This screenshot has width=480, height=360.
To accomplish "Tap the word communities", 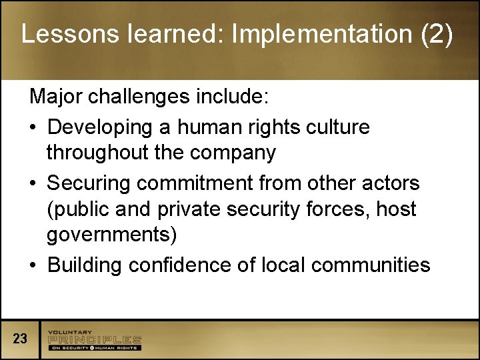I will (371, 265).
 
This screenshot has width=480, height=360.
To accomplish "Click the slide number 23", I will (20, 339).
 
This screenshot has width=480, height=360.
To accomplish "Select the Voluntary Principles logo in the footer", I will (94, 340).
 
